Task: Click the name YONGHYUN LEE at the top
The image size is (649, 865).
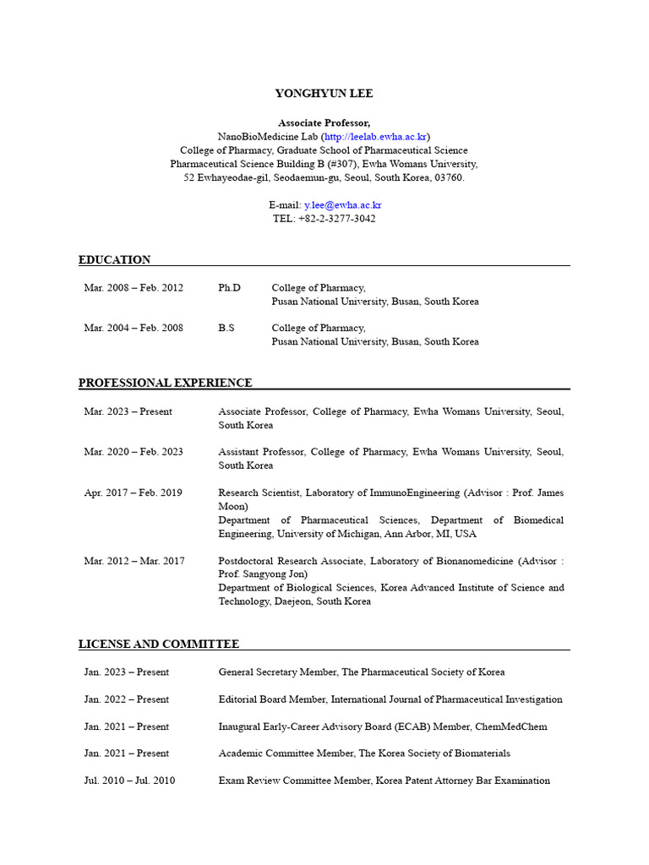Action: pyautogui.click(x=324, y=94)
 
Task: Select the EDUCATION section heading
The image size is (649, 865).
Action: pyautogui.click(x=114, y=259)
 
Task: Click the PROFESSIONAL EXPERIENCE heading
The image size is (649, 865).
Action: pyautogui.click(x=165, y=383)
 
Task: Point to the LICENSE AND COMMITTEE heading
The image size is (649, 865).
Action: pyautogui.click(x=159, y=644)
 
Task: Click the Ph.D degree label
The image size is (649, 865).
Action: pyautogui.click(x=229, y=288)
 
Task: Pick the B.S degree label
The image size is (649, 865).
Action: pyautogui.click(x=226, y=328)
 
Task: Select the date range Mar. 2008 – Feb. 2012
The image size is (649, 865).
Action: pyautogui.click(x=134, y=288)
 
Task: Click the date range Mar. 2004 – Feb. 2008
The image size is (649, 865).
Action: pyautogui.click(x=134, y=328)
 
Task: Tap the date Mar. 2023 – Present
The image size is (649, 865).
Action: pyautogui.click(x=128, y=411)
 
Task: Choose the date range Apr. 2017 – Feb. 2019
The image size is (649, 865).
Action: pyautogui.click(x=133, y=492)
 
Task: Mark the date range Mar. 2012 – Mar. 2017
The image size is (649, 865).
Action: pyautogui.click(x=134, y=560)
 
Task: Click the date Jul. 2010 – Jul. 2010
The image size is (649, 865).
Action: pyautogui.click(x=129, y=781)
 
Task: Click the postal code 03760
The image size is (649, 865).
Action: pyautogui.click(x=449, y=177)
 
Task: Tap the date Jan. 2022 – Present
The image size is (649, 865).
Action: pyautogui.click(x=126, y=699)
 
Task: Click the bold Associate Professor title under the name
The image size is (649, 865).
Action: pyautogui.click(x=324, y=122)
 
